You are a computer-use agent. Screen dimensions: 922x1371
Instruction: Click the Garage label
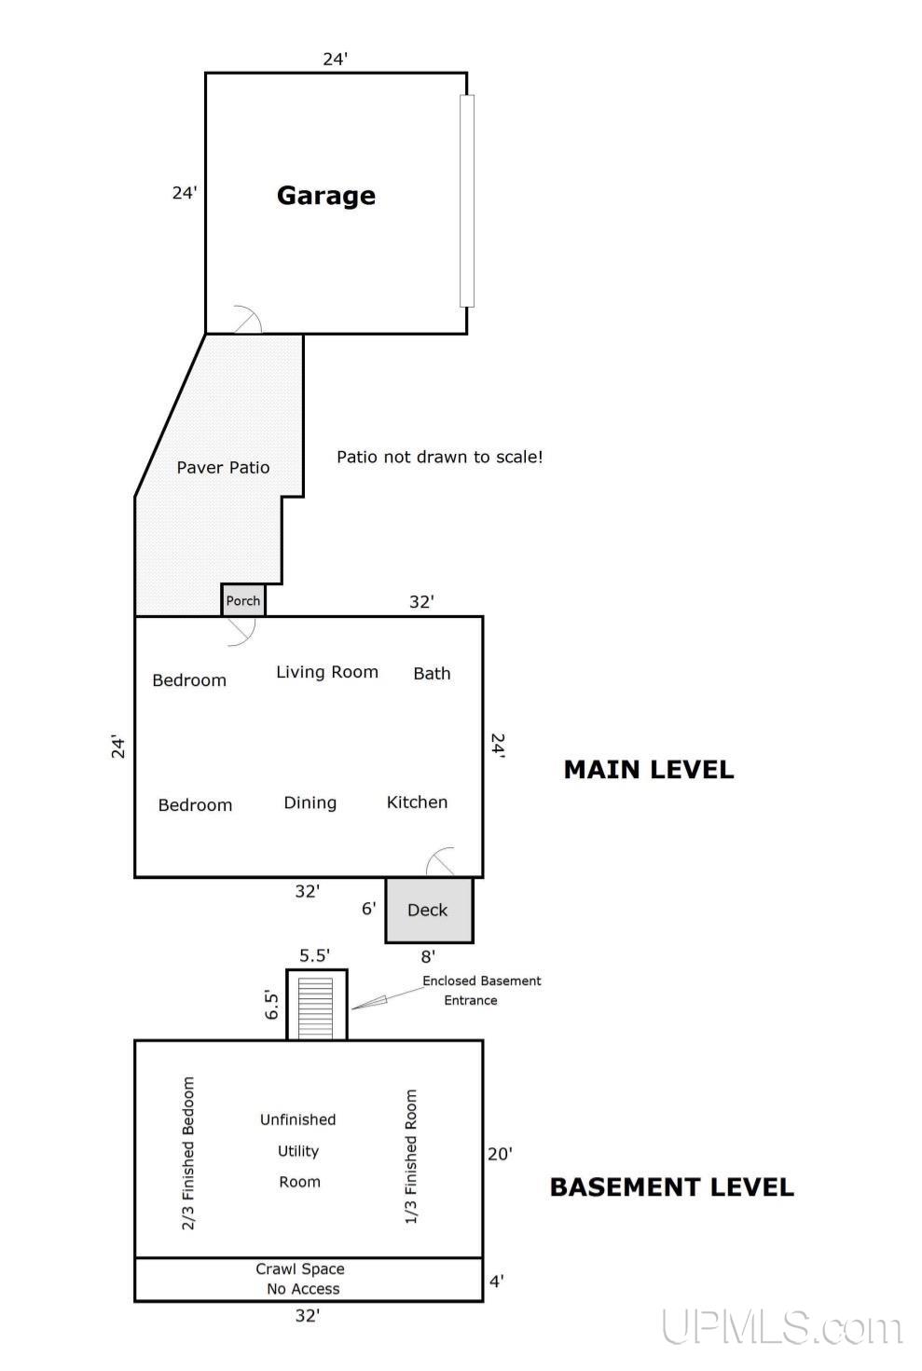click(326, 196)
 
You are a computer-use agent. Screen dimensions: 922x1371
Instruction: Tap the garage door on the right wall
click(467, 200)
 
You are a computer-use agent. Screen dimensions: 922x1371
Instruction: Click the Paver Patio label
click(223, 468)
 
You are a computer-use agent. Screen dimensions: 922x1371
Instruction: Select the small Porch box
click(243, 600)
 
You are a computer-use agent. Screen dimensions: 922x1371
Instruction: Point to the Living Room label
click(327, 672)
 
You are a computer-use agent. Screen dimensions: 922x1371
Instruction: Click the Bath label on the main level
click(433, 673)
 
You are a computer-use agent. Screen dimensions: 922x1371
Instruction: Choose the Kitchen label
click(417, 802)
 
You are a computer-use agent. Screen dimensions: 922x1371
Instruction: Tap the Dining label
click(310, 803)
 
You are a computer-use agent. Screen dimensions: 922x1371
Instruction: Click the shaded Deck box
click(429, 911)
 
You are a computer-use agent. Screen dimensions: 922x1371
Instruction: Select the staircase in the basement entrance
click(315, 1008)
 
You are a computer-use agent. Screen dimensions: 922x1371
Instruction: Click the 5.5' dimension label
click(315, 955)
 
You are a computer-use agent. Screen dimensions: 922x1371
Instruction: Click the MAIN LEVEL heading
click(649, 770)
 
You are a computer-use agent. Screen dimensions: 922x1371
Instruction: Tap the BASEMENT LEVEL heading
click(672, 1187)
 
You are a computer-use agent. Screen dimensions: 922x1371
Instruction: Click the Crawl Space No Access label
click(300, 1279)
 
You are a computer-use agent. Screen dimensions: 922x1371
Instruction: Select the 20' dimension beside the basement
click(500, 1154)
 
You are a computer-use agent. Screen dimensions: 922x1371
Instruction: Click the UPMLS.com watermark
click(782, 1327)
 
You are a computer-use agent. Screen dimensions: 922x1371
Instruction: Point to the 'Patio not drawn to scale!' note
click(440, 458)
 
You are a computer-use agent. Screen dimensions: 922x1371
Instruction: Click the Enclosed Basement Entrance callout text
click(482, 991)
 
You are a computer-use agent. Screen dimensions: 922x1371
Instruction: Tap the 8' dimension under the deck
click(429, 956)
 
